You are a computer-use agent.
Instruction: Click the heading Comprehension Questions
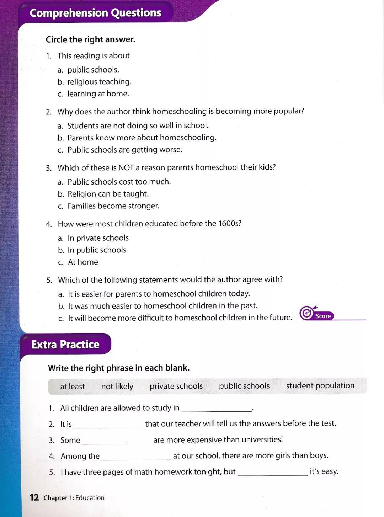click(95, 13)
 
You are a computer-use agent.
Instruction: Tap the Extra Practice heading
click(65, 345)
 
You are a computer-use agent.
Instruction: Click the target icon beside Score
click(306, 313)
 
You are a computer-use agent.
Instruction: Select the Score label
click(323, 316)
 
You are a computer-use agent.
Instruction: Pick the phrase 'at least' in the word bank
click(73, 387)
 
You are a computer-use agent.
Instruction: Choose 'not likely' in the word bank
click(117, 387)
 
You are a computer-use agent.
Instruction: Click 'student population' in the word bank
click(320, 386)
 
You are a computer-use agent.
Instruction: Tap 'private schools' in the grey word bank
click(176, 386)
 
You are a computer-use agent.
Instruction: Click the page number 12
click(34, 497)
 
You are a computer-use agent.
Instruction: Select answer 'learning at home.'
click(98, 94)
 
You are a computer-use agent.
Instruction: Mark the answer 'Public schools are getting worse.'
click(124, 150)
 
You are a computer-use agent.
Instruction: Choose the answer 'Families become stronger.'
click(113, 206)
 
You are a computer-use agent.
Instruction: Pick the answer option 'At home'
click(83, 262)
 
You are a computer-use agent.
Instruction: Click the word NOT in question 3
click(126, 167)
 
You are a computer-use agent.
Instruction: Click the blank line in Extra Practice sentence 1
click(217, 409)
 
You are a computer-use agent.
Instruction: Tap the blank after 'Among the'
click(136, 457)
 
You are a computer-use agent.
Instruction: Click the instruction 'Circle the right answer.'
click(90, 39)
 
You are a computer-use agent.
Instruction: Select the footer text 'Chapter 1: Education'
click(74, 498)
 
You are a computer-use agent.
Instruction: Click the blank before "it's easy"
click(273, 473)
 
